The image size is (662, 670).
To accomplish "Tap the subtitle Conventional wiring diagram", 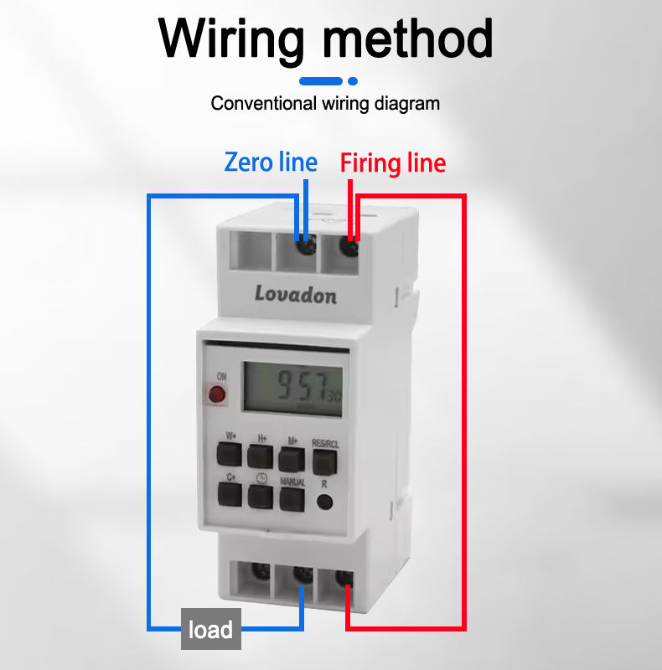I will point(325,104).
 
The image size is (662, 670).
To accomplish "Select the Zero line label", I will point(271,162).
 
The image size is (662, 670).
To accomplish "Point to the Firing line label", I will point(393,162).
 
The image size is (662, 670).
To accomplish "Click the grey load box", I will point(211,629).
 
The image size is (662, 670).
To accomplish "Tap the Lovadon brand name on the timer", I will point(296,293).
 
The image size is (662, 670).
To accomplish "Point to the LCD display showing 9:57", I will point(293,387).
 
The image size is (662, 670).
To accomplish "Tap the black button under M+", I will point(291,458).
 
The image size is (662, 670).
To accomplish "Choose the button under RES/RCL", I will point(323,462).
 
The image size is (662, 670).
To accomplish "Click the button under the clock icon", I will point(260,497).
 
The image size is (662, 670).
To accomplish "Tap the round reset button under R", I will point(324,502).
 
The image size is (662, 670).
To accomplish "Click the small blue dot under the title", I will point(353,81).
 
